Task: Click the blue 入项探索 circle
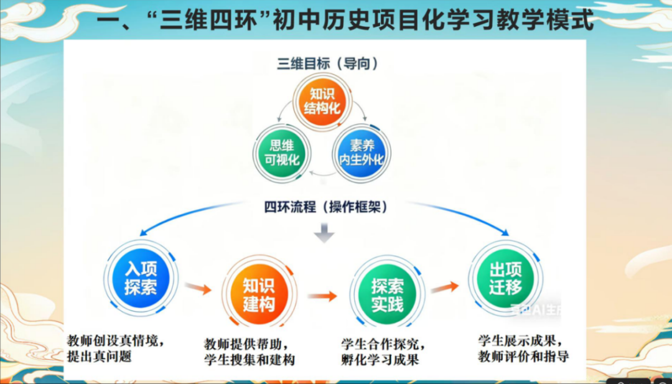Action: pyautogui.click(x=141, y=278)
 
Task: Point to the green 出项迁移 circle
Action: pyautogui.click(x=505, y=278)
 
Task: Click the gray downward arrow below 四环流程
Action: pyautogui.click(x=324, y=234)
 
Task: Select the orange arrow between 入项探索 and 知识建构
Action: pyautogui.click(x=198, y=289)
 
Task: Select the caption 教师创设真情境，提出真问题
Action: pyautogui.click(x=116, y=349)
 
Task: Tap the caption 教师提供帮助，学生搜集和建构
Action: pyautogui.click(x=249, y=352)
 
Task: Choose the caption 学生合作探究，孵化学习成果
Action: pyautogui.click(x=383, y=352)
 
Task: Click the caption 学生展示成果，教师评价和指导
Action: pyautogui.click(x=523, y=349)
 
